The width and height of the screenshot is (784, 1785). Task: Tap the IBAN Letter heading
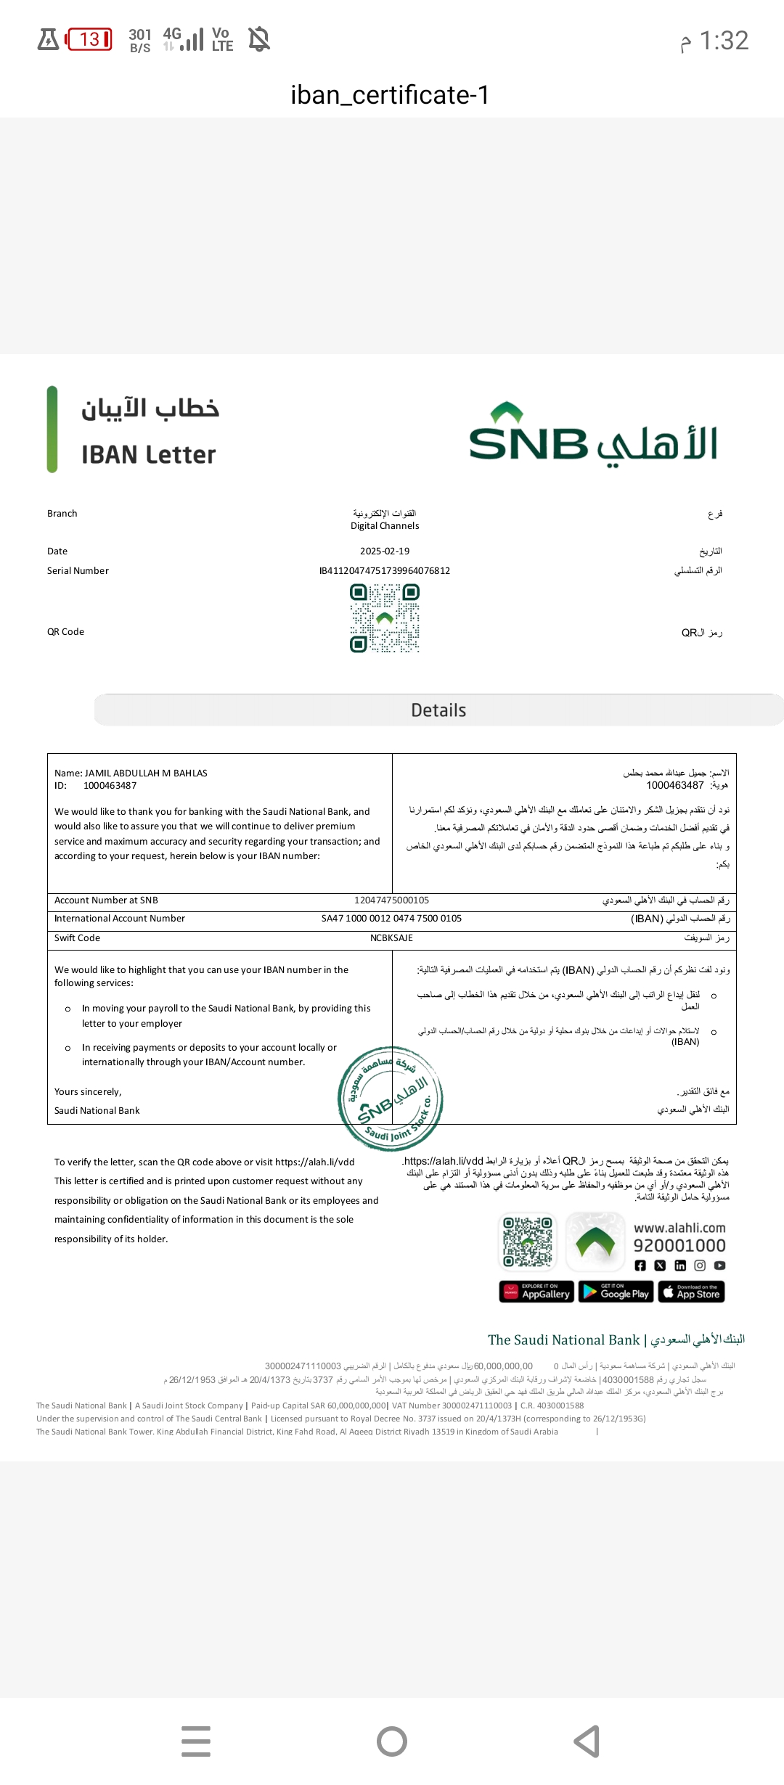pyautogui.click(x=149, y=455)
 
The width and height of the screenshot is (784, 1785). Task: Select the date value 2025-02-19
pyautogui.click(x=385, y=551)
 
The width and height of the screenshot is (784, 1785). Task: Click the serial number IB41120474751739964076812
pyautogui.click(x=385, y=571)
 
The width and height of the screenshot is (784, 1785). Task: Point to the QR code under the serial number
pyautogui.click(x=385, y=618)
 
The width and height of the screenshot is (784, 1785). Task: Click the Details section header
pyautogui.click(x=438, y=710)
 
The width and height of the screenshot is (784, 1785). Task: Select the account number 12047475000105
pyautogui.click(x=391, y=900)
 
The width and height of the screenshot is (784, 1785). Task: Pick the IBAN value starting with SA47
pyautogui.click(x=391, y=919)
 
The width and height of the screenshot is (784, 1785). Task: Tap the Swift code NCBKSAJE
pyautogui.click(x=391, y=938)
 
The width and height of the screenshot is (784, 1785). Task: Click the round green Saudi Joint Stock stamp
pyautogui.click(x=391, y=1099)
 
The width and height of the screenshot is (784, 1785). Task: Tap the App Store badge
pyautogui.click(x=691, y=1292)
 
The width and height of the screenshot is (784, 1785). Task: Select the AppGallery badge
pyautogui.click(x=536, y=1292)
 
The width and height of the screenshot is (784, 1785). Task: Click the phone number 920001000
pyautogui.click(x=679, y=1246)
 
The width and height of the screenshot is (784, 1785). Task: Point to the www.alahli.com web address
pyautogui.click(x=679, y=1228)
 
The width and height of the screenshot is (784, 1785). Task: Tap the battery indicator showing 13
pyautogui.click(x=89, y=39)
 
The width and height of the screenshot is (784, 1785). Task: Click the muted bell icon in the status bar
pyautogui.click(x=259, y=38)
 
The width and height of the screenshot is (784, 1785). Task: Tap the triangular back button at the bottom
pyautogui.click(x=587, y=1741)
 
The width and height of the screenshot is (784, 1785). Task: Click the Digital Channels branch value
pyautogui.click(x=385, y=526)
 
